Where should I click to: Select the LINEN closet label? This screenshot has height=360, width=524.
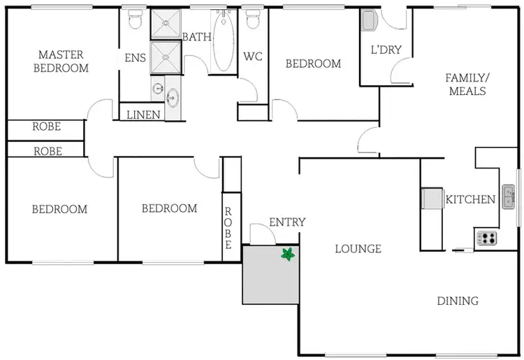tap(143, 115)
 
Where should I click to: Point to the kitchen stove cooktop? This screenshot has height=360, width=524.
tap(487, 238)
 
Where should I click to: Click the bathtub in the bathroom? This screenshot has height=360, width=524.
tap(225, 44)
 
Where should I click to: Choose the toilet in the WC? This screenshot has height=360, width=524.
tap(253, 20)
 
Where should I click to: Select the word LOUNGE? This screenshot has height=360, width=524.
tap(358, 248)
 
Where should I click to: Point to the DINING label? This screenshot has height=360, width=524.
tap(458, 301)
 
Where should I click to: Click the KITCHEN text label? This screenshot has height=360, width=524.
tap(471, 199)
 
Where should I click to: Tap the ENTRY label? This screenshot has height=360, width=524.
tap(287, 222)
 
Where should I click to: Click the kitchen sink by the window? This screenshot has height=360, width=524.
tap(508, 194)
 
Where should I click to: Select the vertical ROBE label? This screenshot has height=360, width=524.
tap(228, 229)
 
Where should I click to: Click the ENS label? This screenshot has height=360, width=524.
tap(135, 58)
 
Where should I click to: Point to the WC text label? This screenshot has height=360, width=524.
tap(252, 57)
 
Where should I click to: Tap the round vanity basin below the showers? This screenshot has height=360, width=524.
tap(172, 96)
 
